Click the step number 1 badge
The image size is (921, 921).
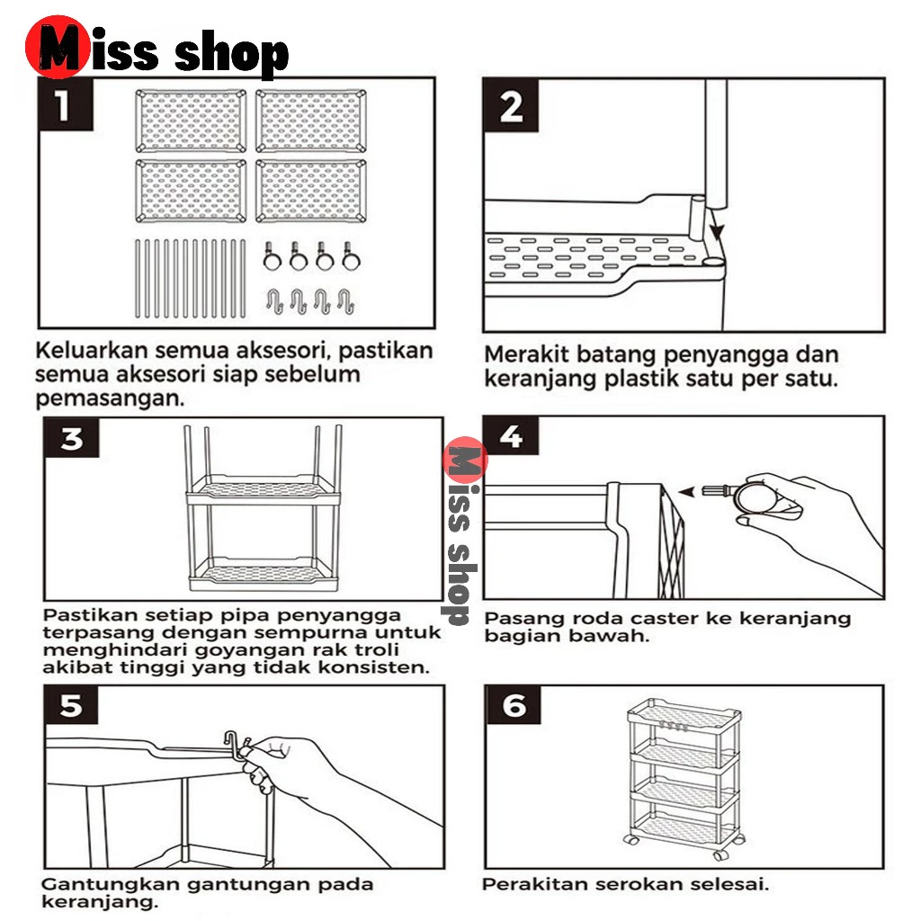(x=61, y=106)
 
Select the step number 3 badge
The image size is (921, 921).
(x=72, y=440)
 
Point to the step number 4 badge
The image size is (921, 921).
(x=510, y=437)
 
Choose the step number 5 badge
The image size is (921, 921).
(x=71, y=706)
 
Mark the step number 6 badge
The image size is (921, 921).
(x=514, y=706)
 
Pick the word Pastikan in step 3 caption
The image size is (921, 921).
(x=85, y=616)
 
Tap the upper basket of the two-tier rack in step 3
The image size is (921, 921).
(x=261, y=490)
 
